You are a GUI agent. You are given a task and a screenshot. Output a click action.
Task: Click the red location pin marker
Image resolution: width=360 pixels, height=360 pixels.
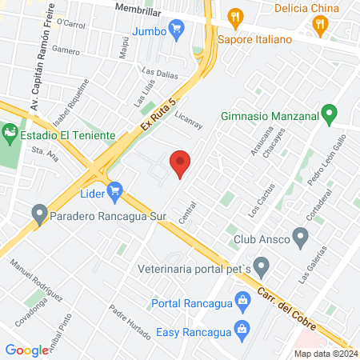click(181, 163)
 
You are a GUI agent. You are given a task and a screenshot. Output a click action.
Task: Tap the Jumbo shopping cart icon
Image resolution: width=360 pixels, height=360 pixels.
click(177, 30)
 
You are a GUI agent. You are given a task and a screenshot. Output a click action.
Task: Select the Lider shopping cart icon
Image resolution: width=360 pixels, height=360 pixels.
click(114, 190)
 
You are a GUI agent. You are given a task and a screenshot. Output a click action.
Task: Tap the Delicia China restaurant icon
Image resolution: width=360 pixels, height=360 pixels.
click(321, 25)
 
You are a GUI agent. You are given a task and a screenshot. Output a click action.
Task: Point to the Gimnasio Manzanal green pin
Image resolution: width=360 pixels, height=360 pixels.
click(328, 115)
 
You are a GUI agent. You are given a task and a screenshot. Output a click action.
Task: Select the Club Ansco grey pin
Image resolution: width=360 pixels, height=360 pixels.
click(301, 237)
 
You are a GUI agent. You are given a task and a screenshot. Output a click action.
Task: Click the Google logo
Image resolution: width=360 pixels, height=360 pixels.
click(27, 350)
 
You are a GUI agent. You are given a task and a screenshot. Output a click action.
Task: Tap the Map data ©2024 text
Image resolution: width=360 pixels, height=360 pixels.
click(325, 354)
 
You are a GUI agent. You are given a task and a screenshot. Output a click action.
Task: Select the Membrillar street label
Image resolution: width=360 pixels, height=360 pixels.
click(138, 7)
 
